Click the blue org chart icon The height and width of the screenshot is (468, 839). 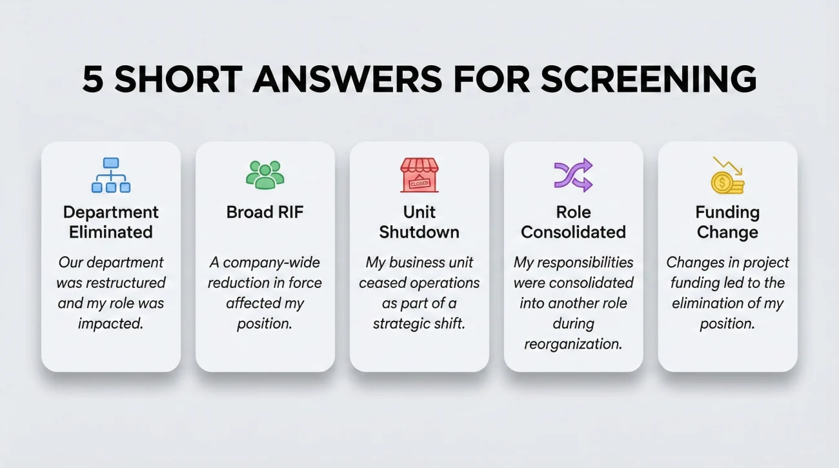click(111, 175)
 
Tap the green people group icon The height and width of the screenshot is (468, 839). click(265, 174)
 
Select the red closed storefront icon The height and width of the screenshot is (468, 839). click(419, 175)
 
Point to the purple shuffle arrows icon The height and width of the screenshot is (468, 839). click(573, 175)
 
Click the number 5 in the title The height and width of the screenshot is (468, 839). click(93, 80)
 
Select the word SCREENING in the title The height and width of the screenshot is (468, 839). click(648, 80)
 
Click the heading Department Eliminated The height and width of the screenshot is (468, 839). click(111, 221)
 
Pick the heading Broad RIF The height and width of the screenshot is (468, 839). click(265, 212)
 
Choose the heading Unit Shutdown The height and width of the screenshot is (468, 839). click(419, 221)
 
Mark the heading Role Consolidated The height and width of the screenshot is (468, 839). click(573, 221)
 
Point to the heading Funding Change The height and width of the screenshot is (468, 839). click(727, 221)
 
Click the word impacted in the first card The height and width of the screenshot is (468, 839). click(110, 323)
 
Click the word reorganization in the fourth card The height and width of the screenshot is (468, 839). click(573, 344)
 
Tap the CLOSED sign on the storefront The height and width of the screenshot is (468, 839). click(419, 183)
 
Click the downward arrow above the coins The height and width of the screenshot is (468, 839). click(729, 166)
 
